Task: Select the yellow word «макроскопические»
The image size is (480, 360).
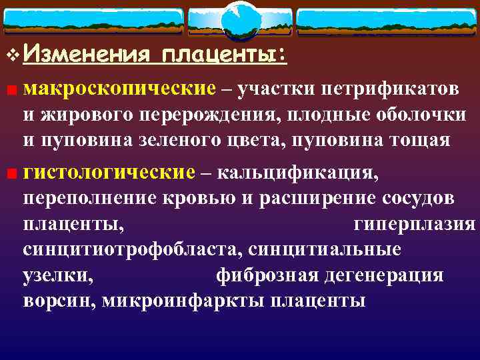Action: click(x=119, y=89)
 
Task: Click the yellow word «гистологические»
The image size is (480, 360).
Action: click(x=109, y=173)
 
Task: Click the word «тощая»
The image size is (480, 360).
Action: click(x=431, y=141)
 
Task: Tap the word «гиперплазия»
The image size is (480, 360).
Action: click(x=414, y=225)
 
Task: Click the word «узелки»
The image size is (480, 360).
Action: click(x=57, y=275)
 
